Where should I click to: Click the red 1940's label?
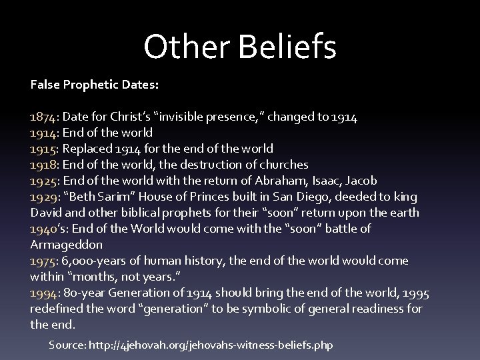46,229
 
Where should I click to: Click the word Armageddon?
66,245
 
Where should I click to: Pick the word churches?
284,165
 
